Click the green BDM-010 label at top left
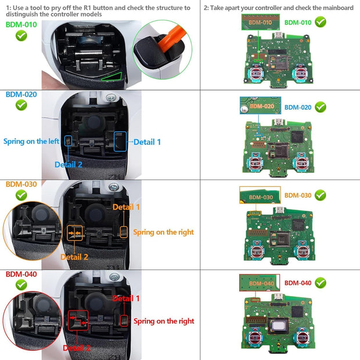(x=21, y=24)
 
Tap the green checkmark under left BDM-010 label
(x=21, y=36)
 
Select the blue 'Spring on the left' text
(x=31, y=141)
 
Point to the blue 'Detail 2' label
(x=69, y=164)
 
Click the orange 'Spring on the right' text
(x=164, y=232)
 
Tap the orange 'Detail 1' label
(x=126, y=207)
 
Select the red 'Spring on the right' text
(x=164, y=321)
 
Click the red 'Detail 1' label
(x=126, y=298)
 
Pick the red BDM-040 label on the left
(x=21, y=273)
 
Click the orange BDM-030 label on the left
(x=21, y=184)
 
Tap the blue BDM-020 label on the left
(x=21, y=94)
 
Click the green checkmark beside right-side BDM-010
(x=320, y=22)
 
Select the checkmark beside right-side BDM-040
(x=320, y=283)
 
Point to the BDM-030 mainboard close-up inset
(x=260, y=195)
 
